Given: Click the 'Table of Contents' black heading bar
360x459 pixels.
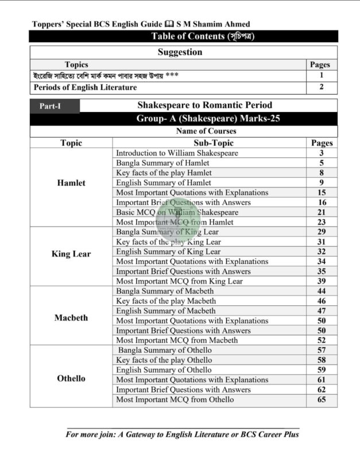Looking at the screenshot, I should pyautogui.click(x=183, y=36).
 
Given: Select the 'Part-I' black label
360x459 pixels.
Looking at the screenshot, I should pyautogui.click(x=53, y=106).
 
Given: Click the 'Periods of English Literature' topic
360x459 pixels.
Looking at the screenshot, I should pyautogui.click(x=85, y=87).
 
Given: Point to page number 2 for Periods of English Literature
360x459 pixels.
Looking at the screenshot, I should pyautogui.click(x=322, y=87).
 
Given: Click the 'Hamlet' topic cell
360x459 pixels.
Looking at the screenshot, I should pyautogui.click(x=71, y=183).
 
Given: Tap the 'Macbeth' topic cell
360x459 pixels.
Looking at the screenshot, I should pyautogui.click(x=71, y=317).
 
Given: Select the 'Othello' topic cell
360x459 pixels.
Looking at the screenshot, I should pyautogui.click(x=71, y=379).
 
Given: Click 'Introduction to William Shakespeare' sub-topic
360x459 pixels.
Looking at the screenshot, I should pyautogui.click(x=177, y=153).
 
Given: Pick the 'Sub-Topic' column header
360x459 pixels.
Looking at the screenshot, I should pyautogui.click(x=209, y=143).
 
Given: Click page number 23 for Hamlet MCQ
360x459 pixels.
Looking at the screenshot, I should pyautogui.click(x=322, y=222).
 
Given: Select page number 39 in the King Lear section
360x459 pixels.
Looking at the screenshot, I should pyautogui.click(x=322, y=281).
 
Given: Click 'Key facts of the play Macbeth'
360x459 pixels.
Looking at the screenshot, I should pyautogui.click(x=164, y=301).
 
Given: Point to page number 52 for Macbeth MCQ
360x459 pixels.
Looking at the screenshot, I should pyautogui.click(x=322, y=340).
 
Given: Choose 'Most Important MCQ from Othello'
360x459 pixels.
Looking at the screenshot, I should pyautogui.click(x=175, y=399).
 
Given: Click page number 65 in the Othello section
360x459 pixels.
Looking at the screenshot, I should pyautogui.click(x=322, y=399).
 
